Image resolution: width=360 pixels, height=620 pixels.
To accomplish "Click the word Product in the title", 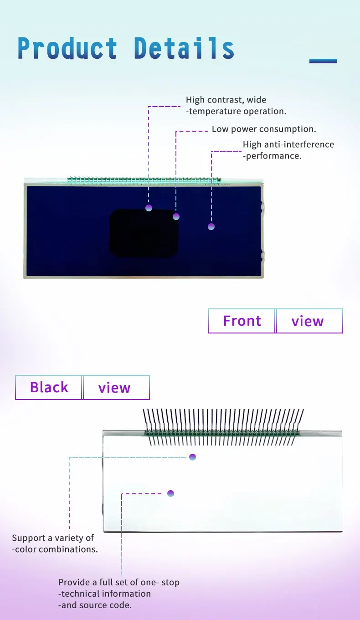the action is point(67,48).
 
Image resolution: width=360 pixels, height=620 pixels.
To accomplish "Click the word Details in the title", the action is point(184,48).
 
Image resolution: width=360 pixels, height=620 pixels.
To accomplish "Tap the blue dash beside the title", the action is point(323,61).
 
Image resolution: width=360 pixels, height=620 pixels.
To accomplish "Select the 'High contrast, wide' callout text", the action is point(226,100).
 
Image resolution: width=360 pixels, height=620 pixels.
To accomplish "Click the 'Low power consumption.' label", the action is point(264,129).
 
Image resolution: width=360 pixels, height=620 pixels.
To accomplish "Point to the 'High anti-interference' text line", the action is point(288,144).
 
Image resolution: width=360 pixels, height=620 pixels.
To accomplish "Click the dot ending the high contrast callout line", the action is point(149,208).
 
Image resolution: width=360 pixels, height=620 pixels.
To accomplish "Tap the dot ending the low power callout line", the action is point(176,216).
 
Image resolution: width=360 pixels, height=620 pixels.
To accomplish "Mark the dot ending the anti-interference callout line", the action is point(211,226).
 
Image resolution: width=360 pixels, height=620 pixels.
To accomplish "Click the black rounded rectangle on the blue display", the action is point(144,233).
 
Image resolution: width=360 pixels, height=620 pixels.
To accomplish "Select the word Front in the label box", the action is point(242,321).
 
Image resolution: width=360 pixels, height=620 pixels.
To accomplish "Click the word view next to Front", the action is point(308,321).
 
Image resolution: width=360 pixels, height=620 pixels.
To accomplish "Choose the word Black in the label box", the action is point(49,388).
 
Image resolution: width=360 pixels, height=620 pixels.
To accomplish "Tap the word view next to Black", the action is point(114,388).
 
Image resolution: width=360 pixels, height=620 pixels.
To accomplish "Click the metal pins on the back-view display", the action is point(223,426).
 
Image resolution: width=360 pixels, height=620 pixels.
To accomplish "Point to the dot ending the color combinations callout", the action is point(192,457).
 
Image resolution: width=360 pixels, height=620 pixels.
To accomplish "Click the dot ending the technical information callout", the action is point(170,493).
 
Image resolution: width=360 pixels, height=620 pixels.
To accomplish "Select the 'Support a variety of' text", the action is point(53,538).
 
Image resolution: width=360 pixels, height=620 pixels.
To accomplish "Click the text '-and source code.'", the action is point(95,605).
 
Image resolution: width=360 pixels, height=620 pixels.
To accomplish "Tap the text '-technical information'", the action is point(105,594).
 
